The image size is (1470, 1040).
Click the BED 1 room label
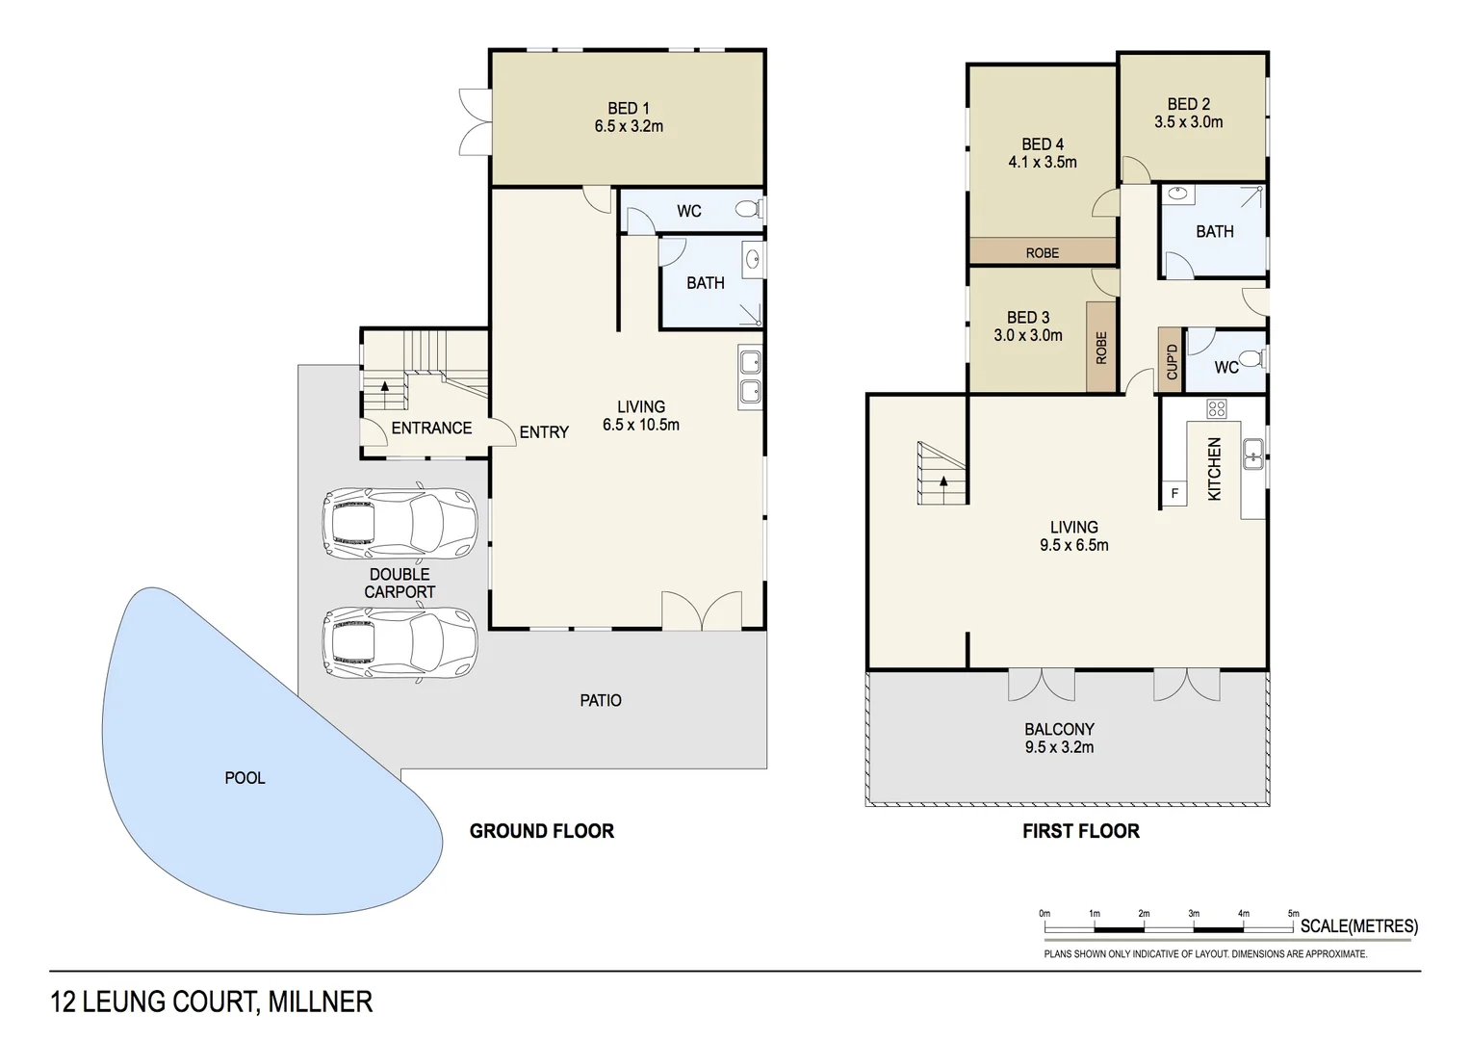click(x=629, y=109)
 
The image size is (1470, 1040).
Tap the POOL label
click(x=245, y=778)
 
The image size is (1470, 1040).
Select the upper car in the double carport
click(x=400, y=525)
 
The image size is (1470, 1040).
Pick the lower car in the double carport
click(x=400, y=642)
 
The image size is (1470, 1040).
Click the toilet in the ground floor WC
click(x=748, y=209)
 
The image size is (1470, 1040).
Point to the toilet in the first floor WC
click(x=1251, y=359)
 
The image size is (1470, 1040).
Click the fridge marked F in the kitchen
click(x=1174, y=494)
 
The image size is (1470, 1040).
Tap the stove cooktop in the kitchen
click(x=1217, y=408)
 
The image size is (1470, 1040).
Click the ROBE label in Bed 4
click(x=1042, y=253)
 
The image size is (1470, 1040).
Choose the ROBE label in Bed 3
click(x=1101, y=348)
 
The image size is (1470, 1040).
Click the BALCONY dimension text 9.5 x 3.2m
click(x=1059, y=747)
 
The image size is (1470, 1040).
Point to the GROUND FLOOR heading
click(x=541, y=831)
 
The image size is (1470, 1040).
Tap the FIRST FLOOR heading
click(x=1080, y=831)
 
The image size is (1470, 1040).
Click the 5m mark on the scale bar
click(x=1293, y=914)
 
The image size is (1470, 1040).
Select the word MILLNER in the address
click(x=320, y=1002)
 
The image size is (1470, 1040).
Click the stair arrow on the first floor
click(x=944, y=481)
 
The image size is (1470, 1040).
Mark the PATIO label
click(x=601, y=701)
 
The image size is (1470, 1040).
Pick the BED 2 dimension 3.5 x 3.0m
click(x=1189, y=122)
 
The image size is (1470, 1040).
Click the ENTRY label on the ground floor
click(x=544, y=432)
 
